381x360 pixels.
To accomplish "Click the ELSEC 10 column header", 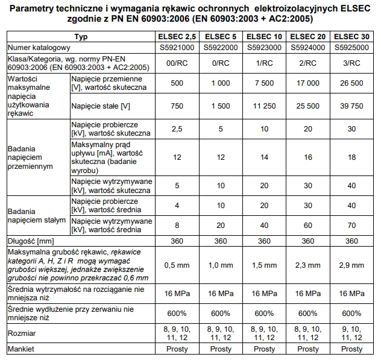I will point(265,37).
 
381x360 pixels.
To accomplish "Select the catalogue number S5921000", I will point(177,47).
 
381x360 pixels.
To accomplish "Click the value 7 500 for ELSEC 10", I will point(265,83).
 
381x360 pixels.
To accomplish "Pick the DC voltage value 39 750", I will point(352,106).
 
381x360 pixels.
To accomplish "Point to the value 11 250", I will point(265,106).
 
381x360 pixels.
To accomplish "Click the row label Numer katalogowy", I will point(37,47).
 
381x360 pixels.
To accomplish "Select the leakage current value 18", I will point(352,157).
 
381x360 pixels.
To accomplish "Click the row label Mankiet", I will point(22,349).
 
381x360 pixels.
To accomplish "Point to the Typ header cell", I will point(80,37).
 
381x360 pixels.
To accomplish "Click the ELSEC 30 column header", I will point(352,37).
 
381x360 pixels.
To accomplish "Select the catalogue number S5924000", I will point(309,47).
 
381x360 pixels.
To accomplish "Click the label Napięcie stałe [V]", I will point(100,106).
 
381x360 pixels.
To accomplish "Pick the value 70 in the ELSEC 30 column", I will point(352,225).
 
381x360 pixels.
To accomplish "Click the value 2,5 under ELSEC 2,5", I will point(177,129).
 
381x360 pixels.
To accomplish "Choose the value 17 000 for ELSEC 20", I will point(309,83).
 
